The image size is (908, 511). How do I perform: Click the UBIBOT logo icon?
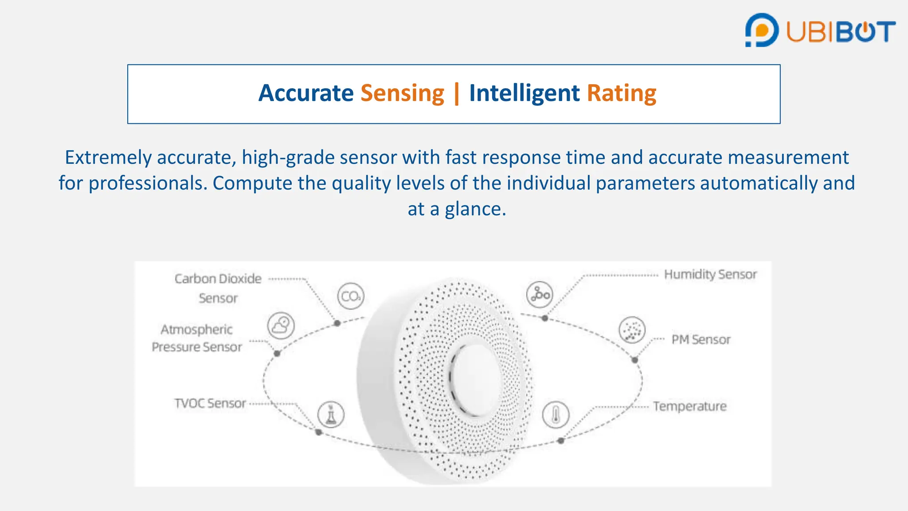click(x=762, y=30)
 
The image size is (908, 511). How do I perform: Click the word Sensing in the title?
click(x=402, y=93)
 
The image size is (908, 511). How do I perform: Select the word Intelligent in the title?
click(x=524, y=93)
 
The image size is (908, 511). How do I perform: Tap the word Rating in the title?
click(x=621, y=93)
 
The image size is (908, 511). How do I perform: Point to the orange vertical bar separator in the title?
click(x=457, y=94)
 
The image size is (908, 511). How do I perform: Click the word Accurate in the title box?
click(x=306, y=93)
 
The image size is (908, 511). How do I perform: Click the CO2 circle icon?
click(x=351, y=296)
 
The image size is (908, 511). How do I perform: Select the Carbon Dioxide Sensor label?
click(x=218, y=288)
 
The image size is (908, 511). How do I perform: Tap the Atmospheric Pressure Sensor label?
click(x=197, y=338)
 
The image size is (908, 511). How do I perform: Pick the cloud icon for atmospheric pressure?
click(x=281, y=326)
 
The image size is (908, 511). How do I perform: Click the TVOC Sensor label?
click(x=210, y=403)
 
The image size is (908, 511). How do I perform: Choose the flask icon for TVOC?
click(x=331, y=415)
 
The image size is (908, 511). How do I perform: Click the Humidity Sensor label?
click(x=710, y=275)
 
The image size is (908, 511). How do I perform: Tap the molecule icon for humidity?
click(x=540, y=295)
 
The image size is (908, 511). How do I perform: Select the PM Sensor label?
click(x=701, y=340)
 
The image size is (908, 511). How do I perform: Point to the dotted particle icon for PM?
click(x=632, y=330)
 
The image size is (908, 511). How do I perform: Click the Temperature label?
click(x=689, y=406)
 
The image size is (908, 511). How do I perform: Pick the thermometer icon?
click(x=556, y=415)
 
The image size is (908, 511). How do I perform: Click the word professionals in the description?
click(x=148, y=183)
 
